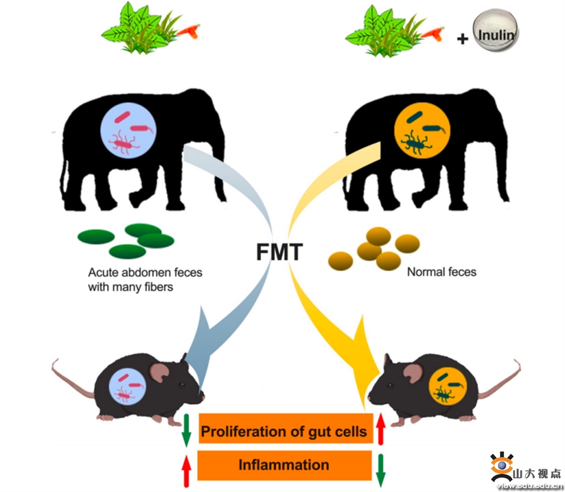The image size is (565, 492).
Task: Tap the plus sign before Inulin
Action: pos(463,39)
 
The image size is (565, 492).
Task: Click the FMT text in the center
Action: pos(279,252)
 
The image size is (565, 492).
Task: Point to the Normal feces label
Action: pos(441,272)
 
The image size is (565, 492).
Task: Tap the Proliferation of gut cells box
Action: pos(284,431)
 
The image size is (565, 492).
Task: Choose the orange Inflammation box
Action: pos(284,465)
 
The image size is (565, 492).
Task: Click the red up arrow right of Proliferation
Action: pos(380,429)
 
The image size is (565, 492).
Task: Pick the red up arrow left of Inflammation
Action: pos(186,467)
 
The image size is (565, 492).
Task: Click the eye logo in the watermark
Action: pos(500,466)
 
